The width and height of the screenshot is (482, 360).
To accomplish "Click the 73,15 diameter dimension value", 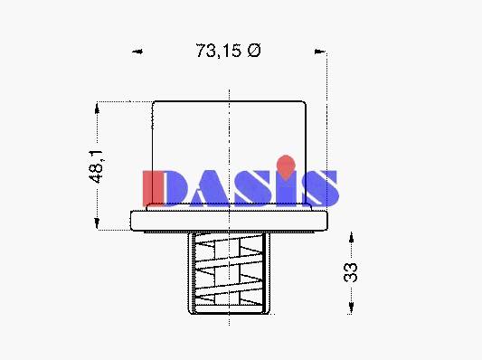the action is [x=219, y=51].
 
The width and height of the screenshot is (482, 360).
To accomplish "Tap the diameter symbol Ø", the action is [x=254, y=51].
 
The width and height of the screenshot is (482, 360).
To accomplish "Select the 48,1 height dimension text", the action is [x=97, y=167].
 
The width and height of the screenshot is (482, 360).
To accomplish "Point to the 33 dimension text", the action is [x=351, y=272].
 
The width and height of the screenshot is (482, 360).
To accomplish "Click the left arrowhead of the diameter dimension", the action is [x=137, y=52].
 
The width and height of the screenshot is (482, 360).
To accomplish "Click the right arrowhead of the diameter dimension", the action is [x=320, y=52].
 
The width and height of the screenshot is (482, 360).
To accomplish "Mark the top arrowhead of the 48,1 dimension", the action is [x=97, y=109].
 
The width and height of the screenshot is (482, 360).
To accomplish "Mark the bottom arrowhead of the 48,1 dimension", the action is [x=97, y=223].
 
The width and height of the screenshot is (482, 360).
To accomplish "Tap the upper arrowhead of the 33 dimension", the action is [x=351, y=238].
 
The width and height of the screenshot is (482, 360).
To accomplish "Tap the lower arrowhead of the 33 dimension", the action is [x=351, y=308].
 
